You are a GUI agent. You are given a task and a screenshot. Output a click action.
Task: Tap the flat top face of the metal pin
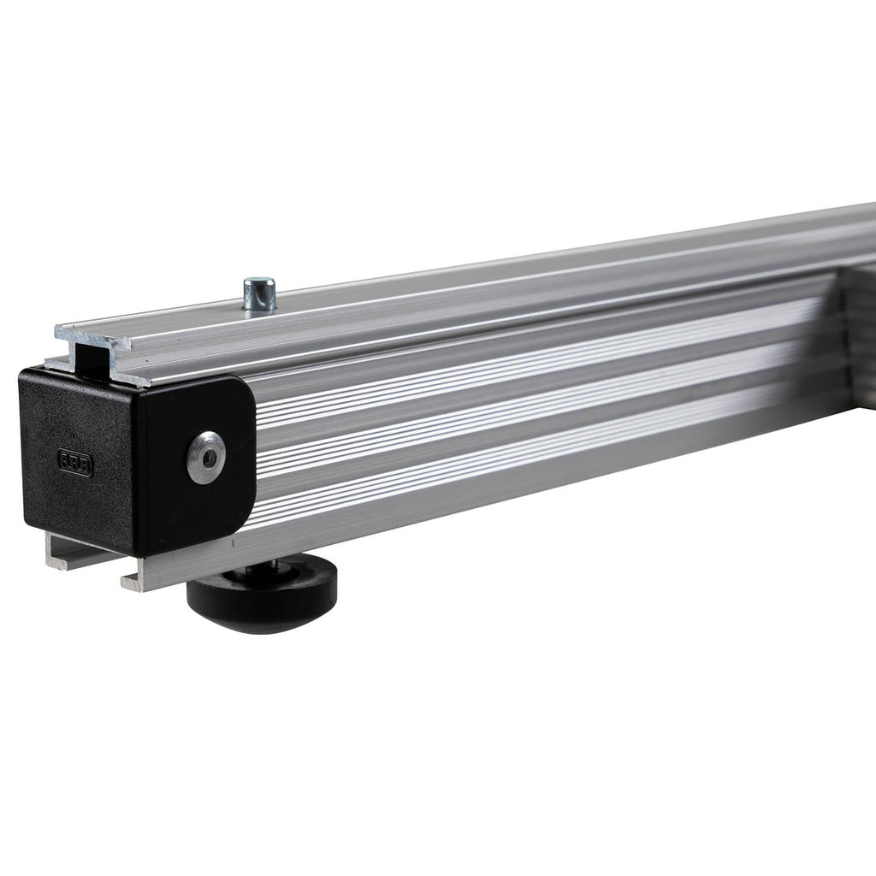[258, 281]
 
